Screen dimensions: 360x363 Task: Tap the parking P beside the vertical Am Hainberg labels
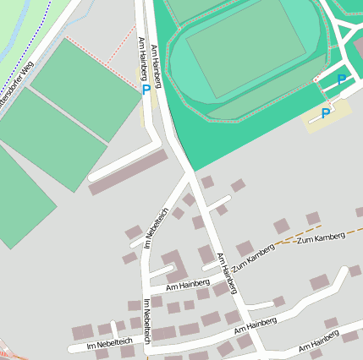146,88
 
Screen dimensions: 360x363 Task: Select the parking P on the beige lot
326,113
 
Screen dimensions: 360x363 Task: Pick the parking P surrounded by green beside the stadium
342,79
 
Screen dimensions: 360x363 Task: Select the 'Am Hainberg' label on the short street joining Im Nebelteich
188,285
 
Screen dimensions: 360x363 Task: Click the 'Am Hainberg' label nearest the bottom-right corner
319,341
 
